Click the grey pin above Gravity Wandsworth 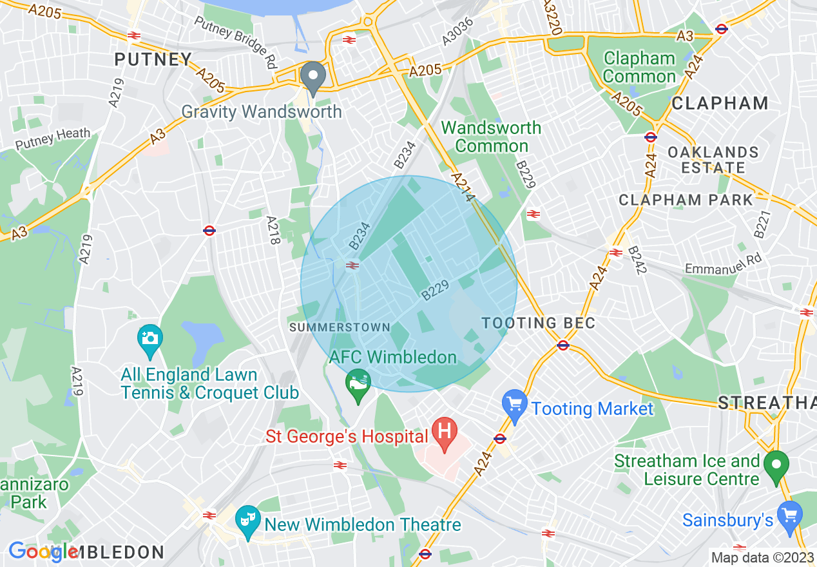tap(313, 77)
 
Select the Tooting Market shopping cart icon tap(514, 405)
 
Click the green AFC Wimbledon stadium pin tap(358, 384)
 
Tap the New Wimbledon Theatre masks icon tap(245, 517)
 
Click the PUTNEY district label tap(153, 60)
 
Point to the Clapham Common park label tap(639, 68)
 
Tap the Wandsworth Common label tap(491, 137)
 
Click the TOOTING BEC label tap(538, 323)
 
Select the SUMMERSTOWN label tap(340, 327)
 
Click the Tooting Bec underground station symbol tap(563, 345)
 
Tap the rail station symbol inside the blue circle tap(352, 265)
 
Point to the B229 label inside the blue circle tap(435, 290)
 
